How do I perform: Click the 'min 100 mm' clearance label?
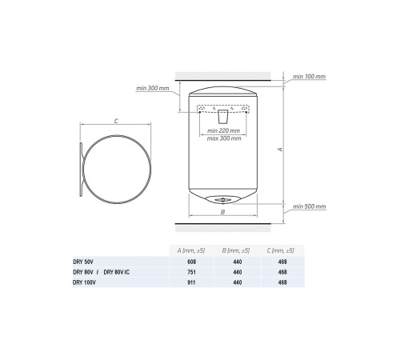tap(310, 77)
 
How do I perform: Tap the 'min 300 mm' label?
tap(153, 88)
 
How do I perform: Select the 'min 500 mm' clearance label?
tap(310, 206)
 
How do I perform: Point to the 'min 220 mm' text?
tap(223, 130)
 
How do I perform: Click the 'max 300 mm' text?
tap(224, 138)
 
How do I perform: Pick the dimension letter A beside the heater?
tap(280, 150)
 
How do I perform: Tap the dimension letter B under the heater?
tap(222, 212)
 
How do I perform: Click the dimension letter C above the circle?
tap(116, 121)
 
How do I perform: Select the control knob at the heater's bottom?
tap(222, 199)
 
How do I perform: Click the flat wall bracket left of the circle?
tap(81, 170)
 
